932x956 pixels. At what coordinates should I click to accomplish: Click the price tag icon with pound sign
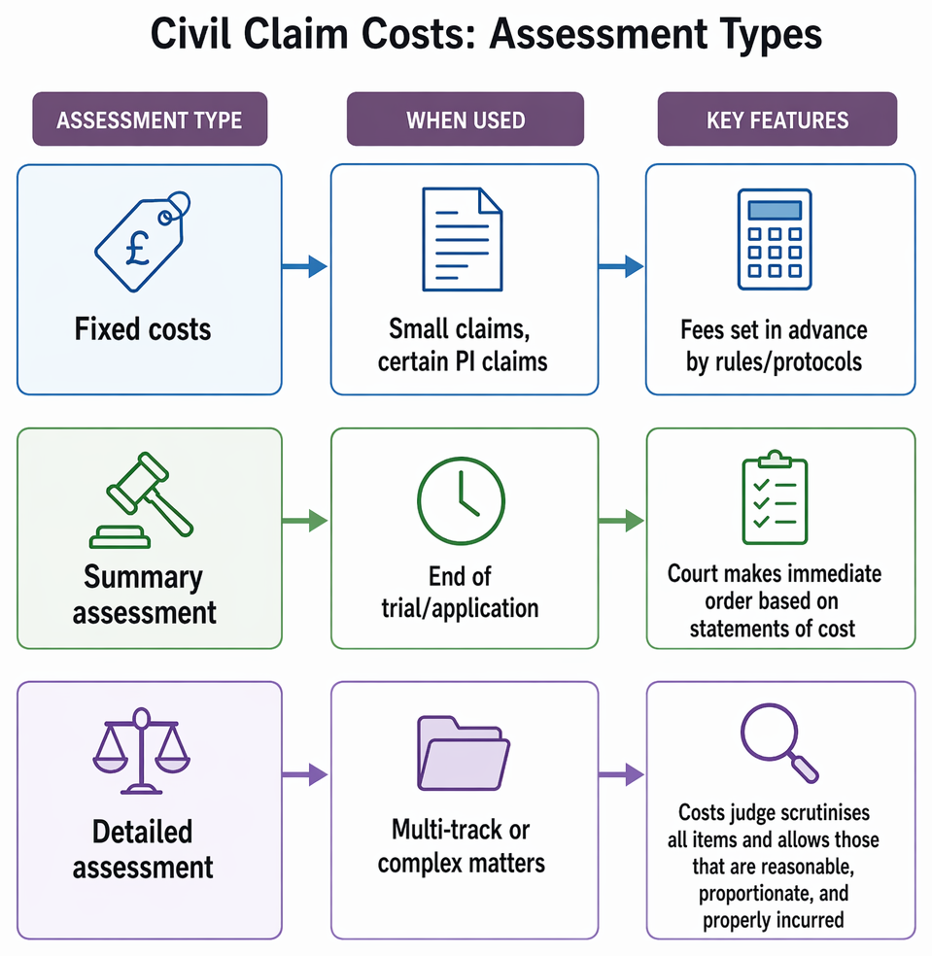click(142, 242)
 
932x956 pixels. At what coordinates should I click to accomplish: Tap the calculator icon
click(774, 239)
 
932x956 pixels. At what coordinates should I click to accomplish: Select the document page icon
click(463, 239)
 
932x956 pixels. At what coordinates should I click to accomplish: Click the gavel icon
click(142, 500)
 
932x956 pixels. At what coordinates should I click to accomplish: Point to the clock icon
click(461, 500)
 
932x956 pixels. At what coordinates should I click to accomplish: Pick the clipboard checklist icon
click(775, 496)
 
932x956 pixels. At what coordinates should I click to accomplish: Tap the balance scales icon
click(142, 751)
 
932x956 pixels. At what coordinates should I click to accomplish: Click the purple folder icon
click(464, 753)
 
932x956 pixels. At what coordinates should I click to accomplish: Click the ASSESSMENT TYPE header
click(150, 119)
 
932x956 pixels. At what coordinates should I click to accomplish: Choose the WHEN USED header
click(466, 119)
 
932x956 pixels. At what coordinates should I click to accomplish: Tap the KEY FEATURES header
click(777, 119)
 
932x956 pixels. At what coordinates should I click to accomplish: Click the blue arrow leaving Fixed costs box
click(304, 266)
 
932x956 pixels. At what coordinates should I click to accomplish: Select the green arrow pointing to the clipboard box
click(622, 521)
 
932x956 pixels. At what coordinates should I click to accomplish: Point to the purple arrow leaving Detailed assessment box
click(305, 775)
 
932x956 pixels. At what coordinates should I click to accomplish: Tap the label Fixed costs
click(143, 329)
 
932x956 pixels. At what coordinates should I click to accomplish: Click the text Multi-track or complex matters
click(461, 846)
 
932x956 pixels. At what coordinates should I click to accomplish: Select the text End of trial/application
click(460, 592)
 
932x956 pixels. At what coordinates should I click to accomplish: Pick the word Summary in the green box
click(143, 577)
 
